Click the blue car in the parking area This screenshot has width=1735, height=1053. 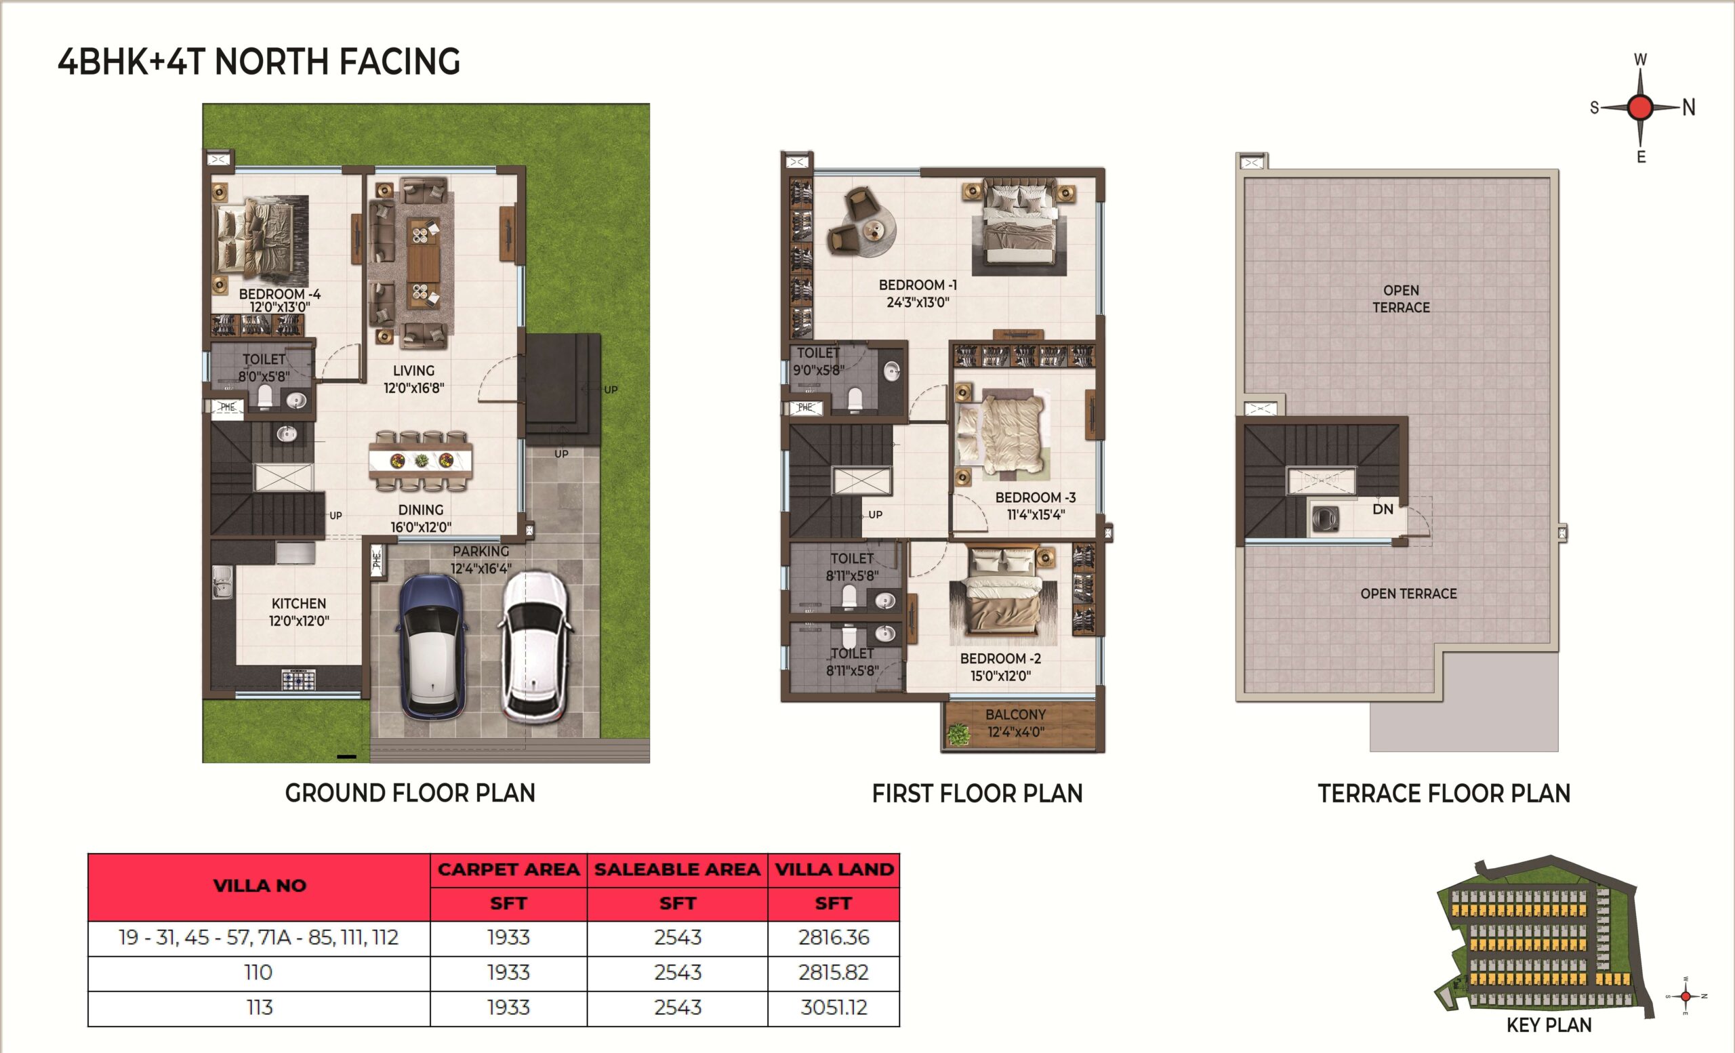(x=430, y=646)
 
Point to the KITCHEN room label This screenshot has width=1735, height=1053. (x=299, y=603)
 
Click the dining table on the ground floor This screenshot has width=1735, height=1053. (x=421, y=461)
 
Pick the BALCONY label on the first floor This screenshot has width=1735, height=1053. (x=1015, y=714)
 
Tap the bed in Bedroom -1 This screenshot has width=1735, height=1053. (x=1019, y=224)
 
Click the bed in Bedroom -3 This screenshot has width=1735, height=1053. (x=1000, y=436)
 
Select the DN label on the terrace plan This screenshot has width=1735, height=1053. (x=1382, y=509)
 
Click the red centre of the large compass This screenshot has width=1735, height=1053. (x=1641, y=108)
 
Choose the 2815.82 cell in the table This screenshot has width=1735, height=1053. (x=834, y=973)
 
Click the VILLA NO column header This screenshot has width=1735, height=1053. (x=260, y=886)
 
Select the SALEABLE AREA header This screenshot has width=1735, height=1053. (x=677, y=870)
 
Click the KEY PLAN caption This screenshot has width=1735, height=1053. (x=1549, y=1025)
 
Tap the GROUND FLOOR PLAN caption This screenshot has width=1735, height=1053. (x=410, y=793)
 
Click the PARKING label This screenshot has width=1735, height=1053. (x=481, y=552)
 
